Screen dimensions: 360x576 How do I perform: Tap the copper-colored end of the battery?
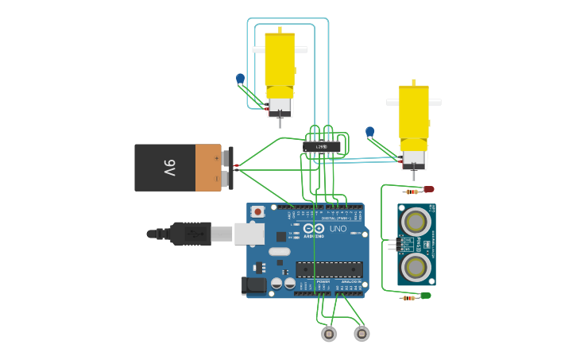pyautogui.click(x=208, y=168)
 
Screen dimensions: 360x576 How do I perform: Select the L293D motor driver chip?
pyautogui.click(x=322, y=147)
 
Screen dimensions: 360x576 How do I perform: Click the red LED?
pyautogui.click(x=429, y=189)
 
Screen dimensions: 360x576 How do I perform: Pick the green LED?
pyautogui.click(x=426, y=296)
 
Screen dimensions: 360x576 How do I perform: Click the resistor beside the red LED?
pyautogui.click(x=411, y=192)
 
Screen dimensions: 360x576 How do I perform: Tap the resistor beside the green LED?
pyautogui.click(x=408, y=298)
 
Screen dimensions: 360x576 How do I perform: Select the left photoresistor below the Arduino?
pyautogui.click(x=329, y=335)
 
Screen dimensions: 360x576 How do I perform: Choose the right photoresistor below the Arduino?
pyautogui.click(x=361, y=335)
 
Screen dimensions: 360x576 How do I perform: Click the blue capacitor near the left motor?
pyautogui.click(x=241, y=79)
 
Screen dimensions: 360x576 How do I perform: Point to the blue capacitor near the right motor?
pyautogui.click(x=370, y=132)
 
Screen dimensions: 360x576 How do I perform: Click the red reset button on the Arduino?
pyautogui.click(x=257, y=212)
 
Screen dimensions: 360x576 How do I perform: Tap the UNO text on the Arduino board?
pyautogui.click(x=338, y=229)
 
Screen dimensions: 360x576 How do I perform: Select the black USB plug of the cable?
pyautogui.click(x=190, y=234)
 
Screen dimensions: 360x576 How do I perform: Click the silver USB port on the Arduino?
pyautogui.click(x=249, y=233)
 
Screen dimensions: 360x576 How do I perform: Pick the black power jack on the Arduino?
pyautogui.click(x=254, y=285)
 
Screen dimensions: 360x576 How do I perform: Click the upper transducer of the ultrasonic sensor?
pyautogui.click(x=416, y=220)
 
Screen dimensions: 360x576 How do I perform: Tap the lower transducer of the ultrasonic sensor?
pyautogui.click(x=416, y=265)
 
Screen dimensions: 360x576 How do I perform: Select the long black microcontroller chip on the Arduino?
pyautogui.click(x=329, y=269)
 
